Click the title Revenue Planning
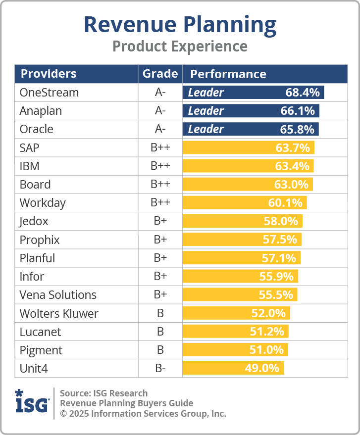point(180,25)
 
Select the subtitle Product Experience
point(180,46)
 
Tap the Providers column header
point(48,74)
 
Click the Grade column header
point(160,74)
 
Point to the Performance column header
point(228,74)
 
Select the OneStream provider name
point(49,93)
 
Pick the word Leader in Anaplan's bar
point(206,111)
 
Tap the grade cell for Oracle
point(160,129)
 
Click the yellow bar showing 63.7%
point(248,147)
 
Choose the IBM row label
point(29,166)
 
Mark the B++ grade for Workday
point(160,203)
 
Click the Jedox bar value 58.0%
point(282,221)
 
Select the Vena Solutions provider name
point(58,295)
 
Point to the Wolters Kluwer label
point(59,314)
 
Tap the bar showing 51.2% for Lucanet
point(235,332)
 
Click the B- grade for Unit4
point(160,369)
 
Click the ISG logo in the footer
point(32,402)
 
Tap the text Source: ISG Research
point(103,393)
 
